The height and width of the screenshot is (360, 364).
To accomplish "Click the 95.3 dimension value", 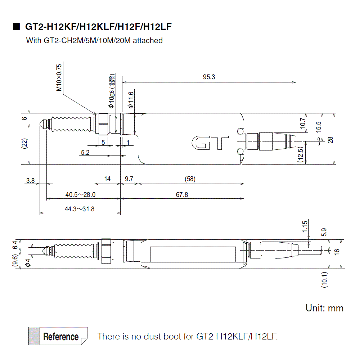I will coord(209,77).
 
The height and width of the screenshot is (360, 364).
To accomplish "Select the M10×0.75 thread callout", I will coord(59,77).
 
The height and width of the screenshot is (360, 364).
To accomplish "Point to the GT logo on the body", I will coord(210,143).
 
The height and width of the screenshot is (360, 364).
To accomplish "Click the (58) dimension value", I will coord(190,179).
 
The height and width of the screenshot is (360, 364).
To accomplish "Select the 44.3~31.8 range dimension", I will coord(80,209).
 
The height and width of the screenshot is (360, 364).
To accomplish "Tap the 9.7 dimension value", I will coord(129,179).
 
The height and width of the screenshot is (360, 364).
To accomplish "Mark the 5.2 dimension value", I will coord(85,153).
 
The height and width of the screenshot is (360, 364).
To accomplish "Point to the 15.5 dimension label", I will coord(318,127).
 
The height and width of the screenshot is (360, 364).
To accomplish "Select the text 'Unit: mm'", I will coord(324,308).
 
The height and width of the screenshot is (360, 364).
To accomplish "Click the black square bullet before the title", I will coord(17,27).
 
